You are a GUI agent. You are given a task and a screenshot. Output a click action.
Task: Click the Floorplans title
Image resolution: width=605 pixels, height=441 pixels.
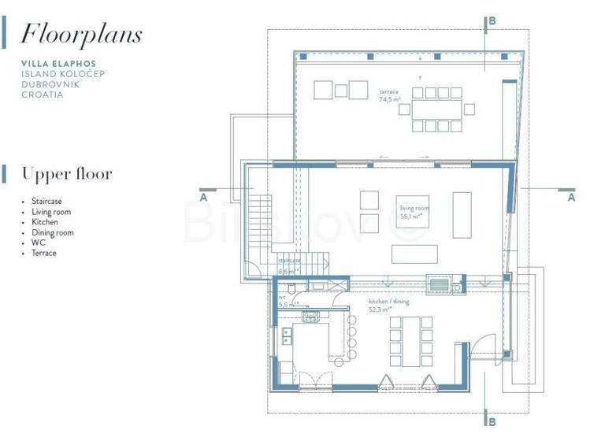click(81, 34)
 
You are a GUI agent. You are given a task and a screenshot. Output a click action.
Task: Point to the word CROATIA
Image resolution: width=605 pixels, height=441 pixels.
click(43, 94)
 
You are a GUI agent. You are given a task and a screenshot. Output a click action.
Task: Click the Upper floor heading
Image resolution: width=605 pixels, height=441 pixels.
click(67, 173)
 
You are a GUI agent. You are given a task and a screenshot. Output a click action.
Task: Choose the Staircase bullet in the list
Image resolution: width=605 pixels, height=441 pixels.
click(47, 202)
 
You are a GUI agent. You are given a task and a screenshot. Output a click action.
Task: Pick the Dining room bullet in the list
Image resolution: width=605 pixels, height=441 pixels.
click(52, 232)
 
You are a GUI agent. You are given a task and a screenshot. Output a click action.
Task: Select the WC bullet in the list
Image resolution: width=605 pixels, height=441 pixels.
click(37, 243)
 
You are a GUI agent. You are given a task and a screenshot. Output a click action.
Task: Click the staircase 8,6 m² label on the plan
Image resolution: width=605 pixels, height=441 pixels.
click(289, 265)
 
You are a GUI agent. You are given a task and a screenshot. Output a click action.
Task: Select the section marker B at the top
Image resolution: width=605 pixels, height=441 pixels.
click(492, 21)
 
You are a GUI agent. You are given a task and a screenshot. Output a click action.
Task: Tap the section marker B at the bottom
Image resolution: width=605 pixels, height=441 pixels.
click(492, 422)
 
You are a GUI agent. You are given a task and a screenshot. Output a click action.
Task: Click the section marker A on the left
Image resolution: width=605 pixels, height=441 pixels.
click(204, 198)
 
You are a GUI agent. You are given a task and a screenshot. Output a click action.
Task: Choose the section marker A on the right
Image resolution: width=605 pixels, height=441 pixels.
click(571, 198)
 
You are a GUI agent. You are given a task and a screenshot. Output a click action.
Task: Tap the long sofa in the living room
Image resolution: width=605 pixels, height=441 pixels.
click(414, 254)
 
